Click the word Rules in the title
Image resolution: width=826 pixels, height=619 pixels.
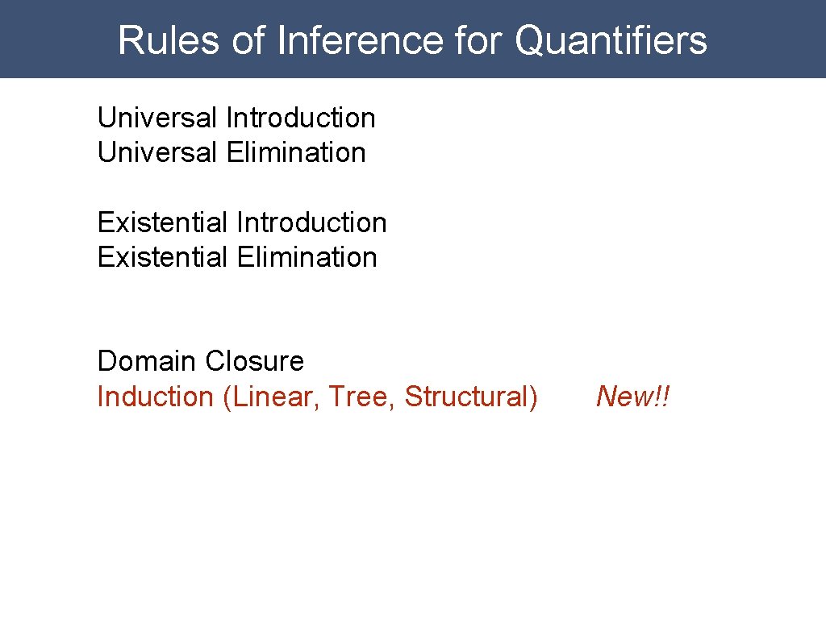(x=169, y=40)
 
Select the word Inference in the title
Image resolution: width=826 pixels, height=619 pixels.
(x=360, y=40)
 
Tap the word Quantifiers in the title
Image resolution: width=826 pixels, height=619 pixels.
(x=611, y=40)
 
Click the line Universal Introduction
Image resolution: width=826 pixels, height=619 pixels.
(x=236, y=118)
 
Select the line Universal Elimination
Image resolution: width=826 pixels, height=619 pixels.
(x=232, y=152)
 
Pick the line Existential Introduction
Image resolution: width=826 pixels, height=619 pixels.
(x=242, y=222)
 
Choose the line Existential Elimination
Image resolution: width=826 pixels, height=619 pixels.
(x=237, y=258)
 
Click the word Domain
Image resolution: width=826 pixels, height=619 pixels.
(x=148, y=361)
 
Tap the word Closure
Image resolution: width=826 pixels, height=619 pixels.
(x=254, y=361)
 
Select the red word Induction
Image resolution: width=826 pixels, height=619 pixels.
(x=154, y=397)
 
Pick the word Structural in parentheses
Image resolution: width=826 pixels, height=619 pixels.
(x=468, y=397)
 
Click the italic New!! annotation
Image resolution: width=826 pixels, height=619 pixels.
(x=633, y=397)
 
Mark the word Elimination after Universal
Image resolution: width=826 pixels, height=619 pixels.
(x=296, y=152)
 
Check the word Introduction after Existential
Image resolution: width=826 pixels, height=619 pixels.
(x=312, y=222)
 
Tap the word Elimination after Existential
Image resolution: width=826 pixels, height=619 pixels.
(x=307, y=258)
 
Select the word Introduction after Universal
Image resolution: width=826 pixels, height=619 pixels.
(x=301, y=118)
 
